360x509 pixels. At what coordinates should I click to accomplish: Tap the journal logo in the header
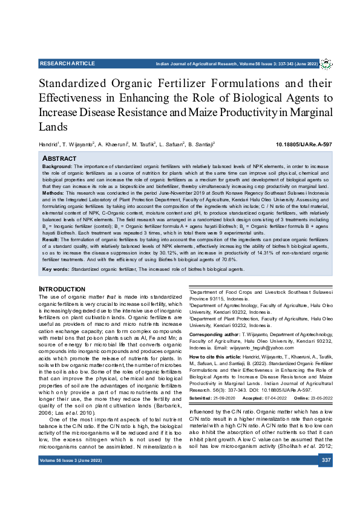click(x=326, y=63)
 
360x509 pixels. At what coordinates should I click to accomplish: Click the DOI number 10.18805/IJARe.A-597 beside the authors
click(x=304, y=146)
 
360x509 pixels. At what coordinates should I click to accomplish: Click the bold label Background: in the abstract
click(x=57, y=166)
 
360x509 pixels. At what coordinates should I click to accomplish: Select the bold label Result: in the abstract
click(x=51, y=256)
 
